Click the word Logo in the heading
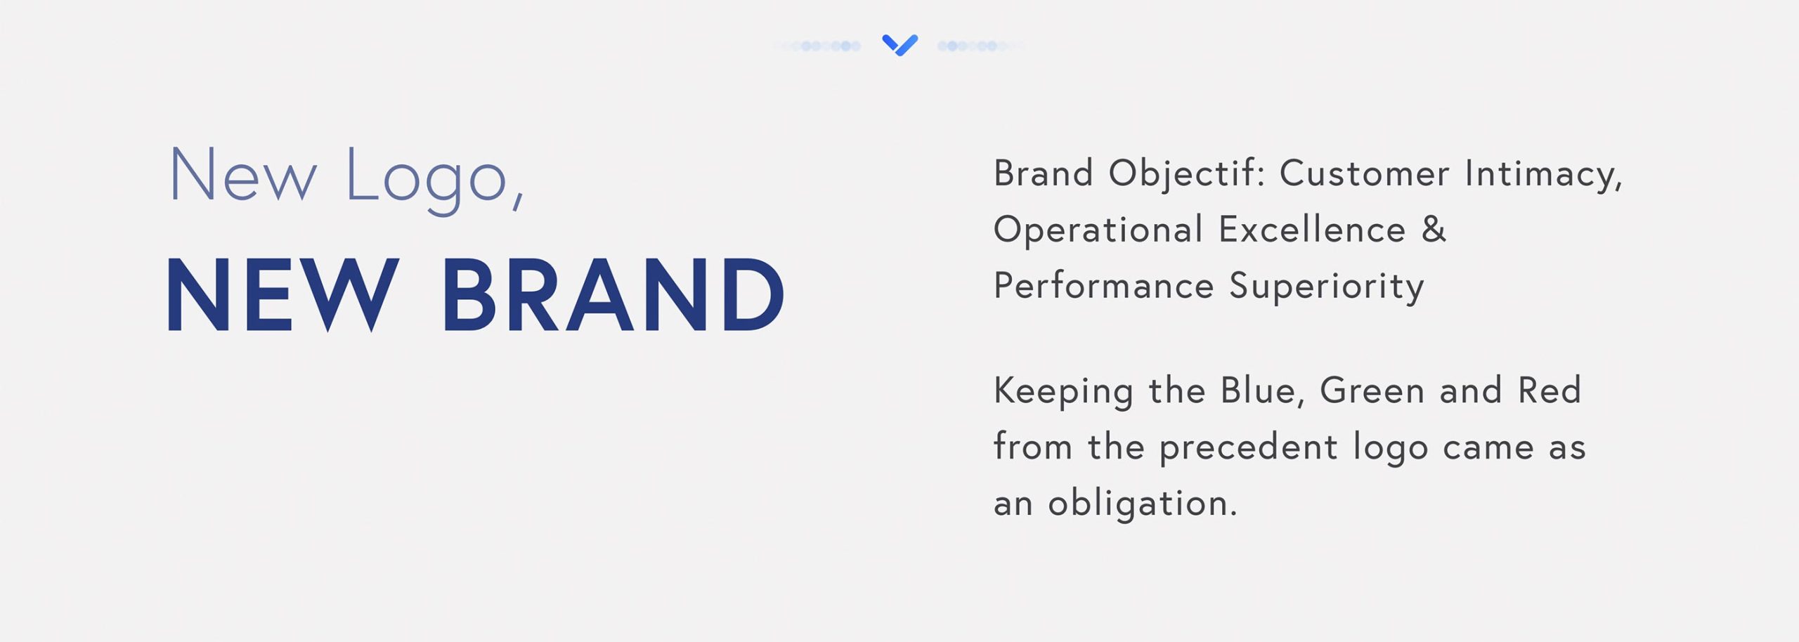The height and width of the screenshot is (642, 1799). pyautogui.click(x=426, y=179)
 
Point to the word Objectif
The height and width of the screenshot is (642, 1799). pyautogui.click(x=1186, y=173)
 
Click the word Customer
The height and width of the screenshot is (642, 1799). pyautogui.click(x=1364, y=173)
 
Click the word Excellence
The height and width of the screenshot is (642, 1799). pyautogui.click(x=1312, y=230)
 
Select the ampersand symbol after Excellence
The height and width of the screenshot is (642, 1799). pyautogui.click(x=1434, y=229)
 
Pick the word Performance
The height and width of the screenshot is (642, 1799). pyautogui.click(x=1103, y=286)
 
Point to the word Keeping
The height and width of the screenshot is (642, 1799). pyautogui.click(x=1063, y=392)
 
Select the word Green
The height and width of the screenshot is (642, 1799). pyautogui.click(x=1372, y=391)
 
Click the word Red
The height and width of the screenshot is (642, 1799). pyautogui.click(x=1550, y=391)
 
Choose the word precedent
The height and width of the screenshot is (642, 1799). pyautogui.click(x=1248, y=448)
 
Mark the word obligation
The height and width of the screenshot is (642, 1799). pyautogui.click(x=1142, y=504)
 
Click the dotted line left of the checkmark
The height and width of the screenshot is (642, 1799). pyautogui.click(x=817, y=46)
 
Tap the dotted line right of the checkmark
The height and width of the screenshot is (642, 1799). pyautogui.click(x=981, y=46)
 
